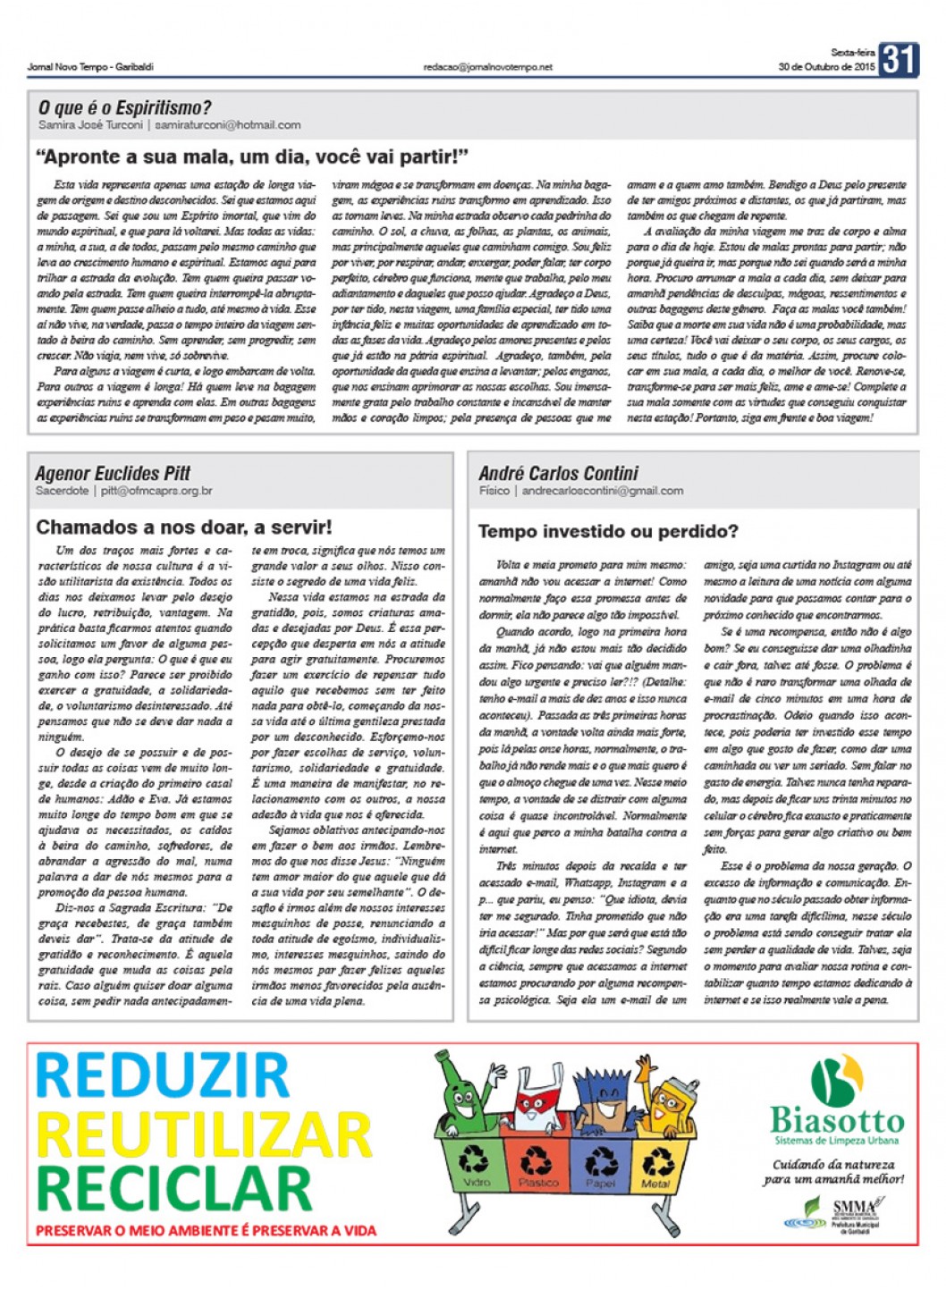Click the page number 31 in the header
point(898,60)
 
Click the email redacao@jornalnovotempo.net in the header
point(487,67)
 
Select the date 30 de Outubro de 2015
point(826,67)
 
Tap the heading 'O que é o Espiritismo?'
point(124,108)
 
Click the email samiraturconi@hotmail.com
point(227,125)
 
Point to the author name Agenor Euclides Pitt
point(113,473)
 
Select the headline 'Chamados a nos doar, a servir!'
point(183,527)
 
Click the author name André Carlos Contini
point(558,473)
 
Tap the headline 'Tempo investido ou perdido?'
point(608,532)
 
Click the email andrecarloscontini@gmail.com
point(603,491)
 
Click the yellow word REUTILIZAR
point(203,1134)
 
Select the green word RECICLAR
point(173,1187)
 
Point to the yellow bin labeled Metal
point(657,1165)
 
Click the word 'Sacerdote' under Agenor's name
point(62,491)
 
